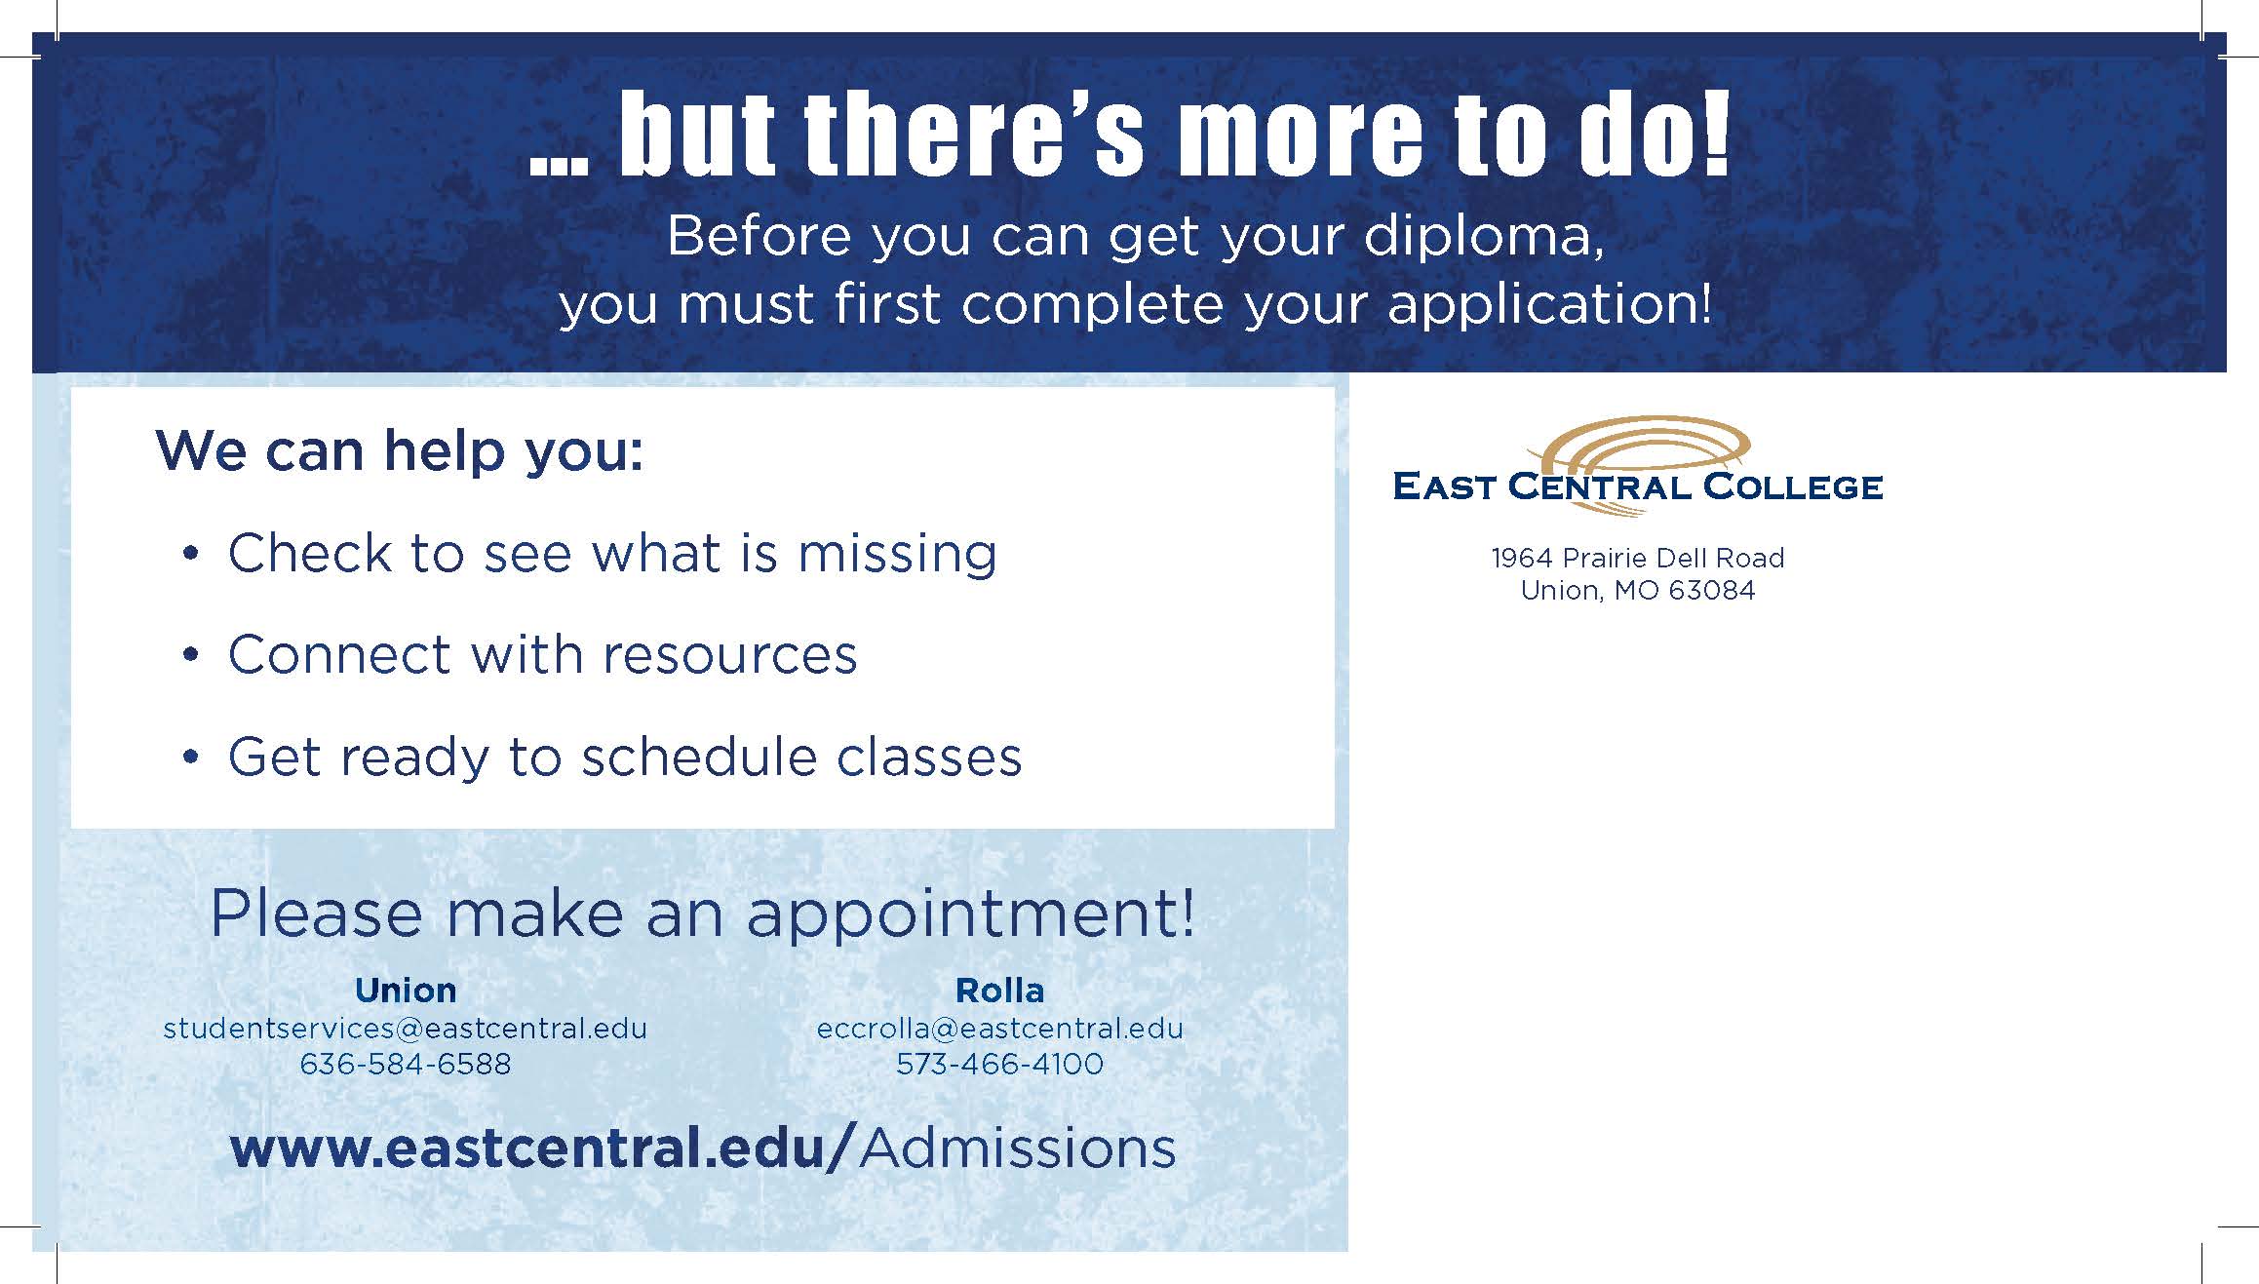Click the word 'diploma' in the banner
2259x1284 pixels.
pos(1482,238)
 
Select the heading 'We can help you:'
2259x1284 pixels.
pos(400,452)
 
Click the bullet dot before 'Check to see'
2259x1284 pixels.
pos(191,554)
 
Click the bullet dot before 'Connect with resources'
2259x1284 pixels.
pos(191,655)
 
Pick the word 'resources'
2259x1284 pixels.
pos(730,655)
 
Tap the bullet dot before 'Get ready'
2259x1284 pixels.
pos(191,757)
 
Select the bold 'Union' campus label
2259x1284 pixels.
pos(406,991)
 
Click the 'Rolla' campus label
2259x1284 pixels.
pos(1000,991)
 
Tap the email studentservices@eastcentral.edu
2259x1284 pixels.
pos(406,1029)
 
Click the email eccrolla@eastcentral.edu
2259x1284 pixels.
pos(1000,1029)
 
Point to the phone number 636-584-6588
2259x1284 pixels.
pos(406,1064)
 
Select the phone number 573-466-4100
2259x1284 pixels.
pos(1000,1064)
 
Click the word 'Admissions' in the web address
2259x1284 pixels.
pos(1018,1148)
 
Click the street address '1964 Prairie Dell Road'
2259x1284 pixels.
pos(1638,558)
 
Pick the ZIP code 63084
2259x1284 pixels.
pos(1712,591)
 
